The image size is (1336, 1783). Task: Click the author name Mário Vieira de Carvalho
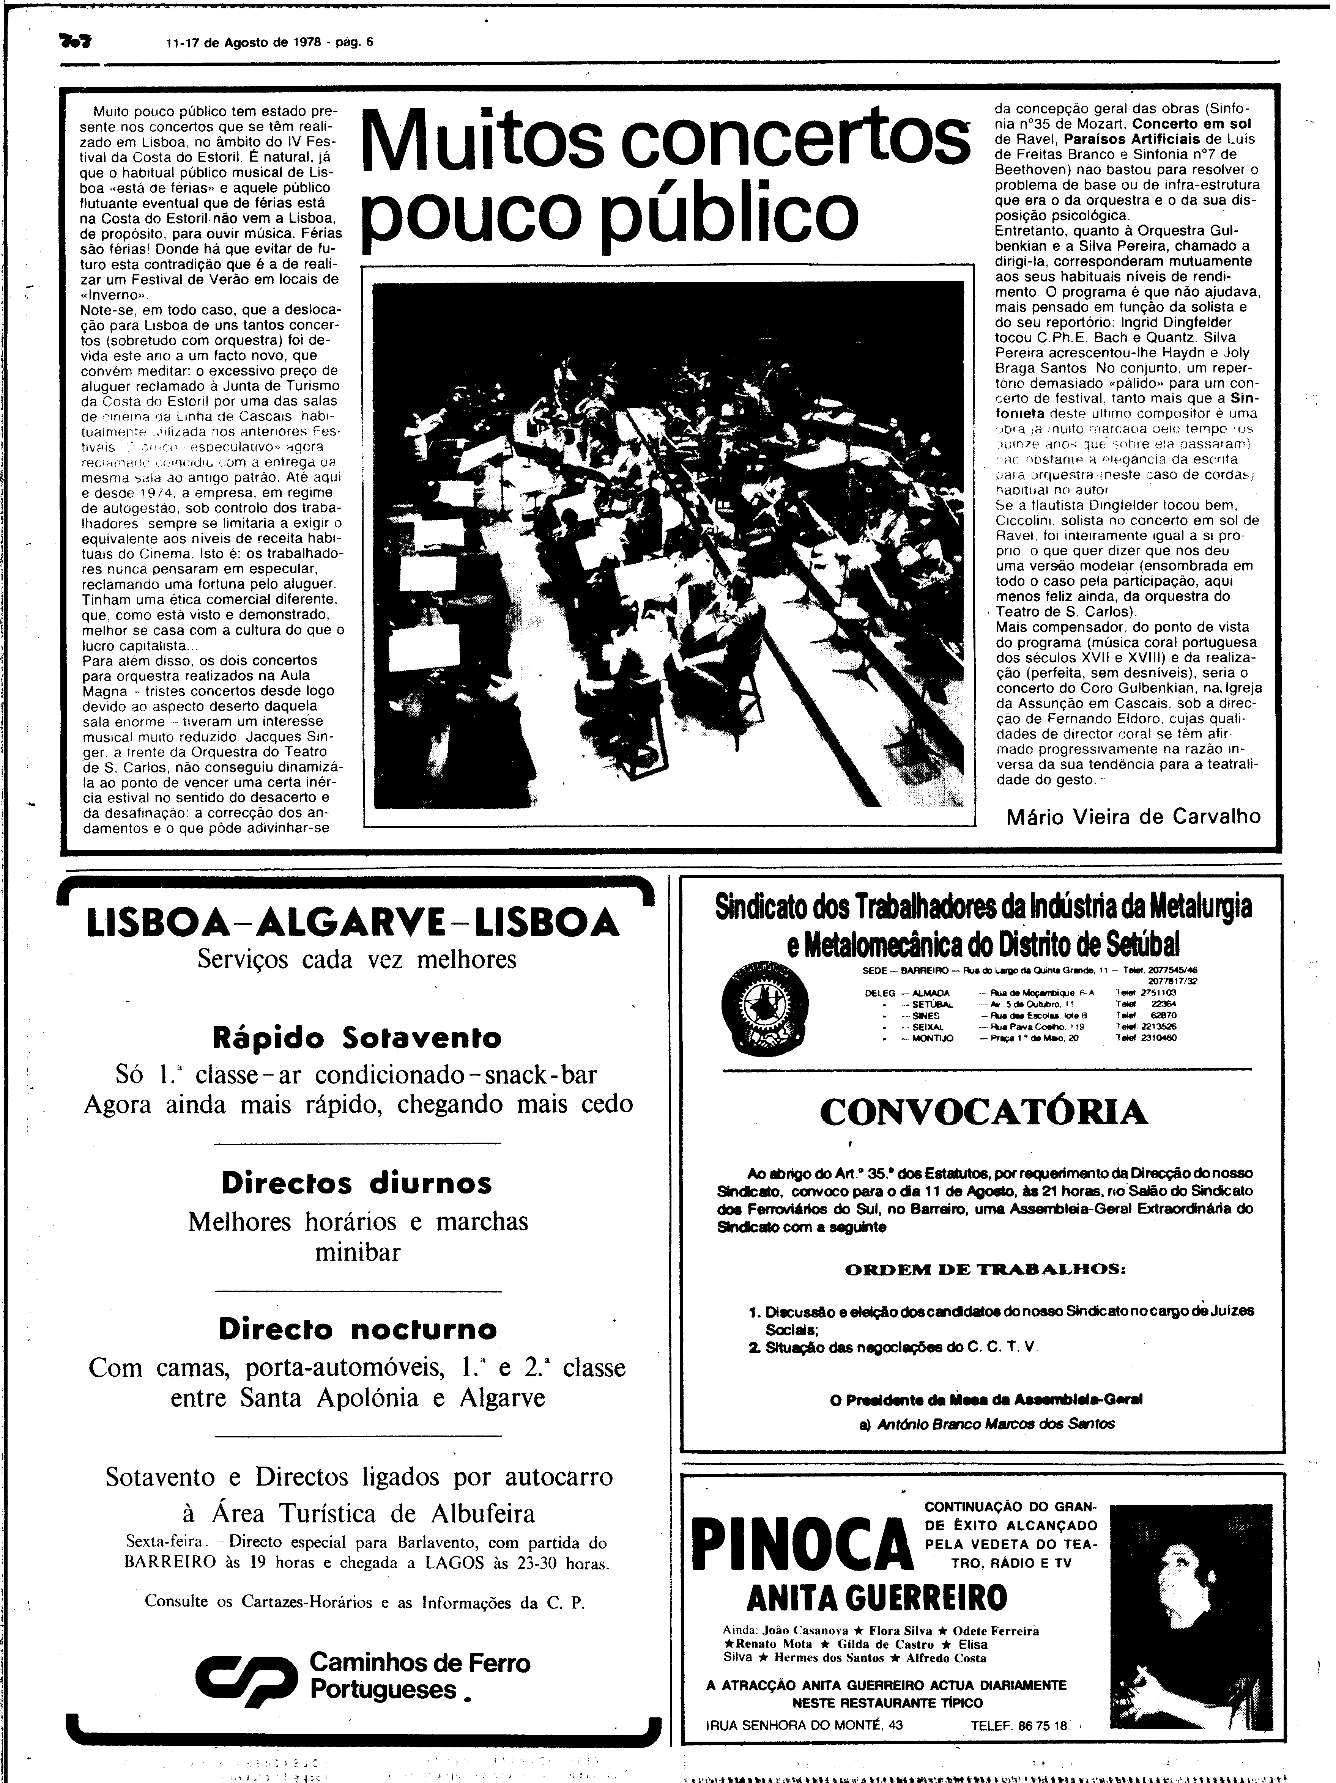click(x=1133, y=816)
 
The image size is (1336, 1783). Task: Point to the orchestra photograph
click(x=668, y=544)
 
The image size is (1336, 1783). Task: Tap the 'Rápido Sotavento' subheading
click(x=357, y=1038)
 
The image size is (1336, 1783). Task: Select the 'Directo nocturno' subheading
click(x=357, y=1329)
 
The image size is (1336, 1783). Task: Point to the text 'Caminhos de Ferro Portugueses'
click(x=419, y=1677)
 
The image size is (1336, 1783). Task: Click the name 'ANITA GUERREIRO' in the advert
click(x=876, y=1597)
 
